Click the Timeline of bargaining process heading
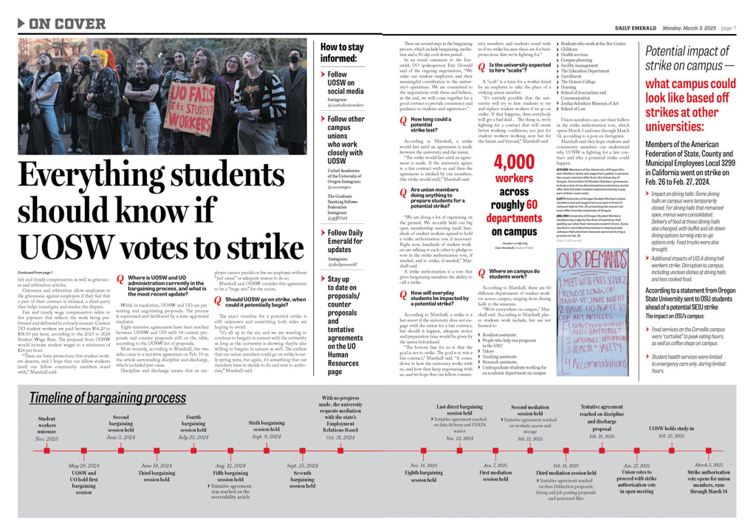pyautogui.click(x=107, y=399)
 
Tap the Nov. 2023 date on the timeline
pyautogui.click(x=47, y=438)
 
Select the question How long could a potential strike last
pyautogui.click(x=430, y=122)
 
